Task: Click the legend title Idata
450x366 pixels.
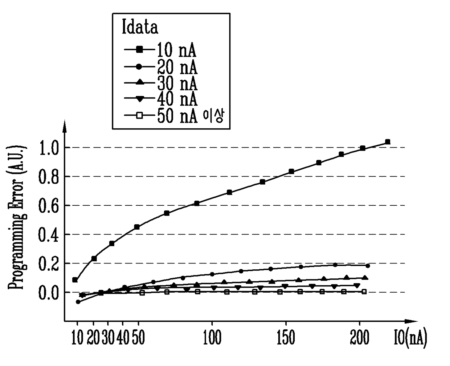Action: [x=140, y=28]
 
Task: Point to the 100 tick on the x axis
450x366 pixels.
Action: [x=212, y=338]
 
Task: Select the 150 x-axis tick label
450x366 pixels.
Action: [x=286, y=338]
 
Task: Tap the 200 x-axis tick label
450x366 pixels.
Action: [x=360, y=338]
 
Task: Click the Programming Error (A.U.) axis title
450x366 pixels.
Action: [x=16, y=218]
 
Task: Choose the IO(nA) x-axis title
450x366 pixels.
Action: [x=410, y=338]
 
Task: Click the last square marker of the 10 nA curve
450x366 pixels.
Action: [x=388, y=142]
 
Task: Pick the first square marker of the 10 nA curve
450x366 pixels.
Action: [x=75, y=280]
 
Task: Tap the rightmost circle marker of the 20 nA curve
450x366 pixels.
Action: [x=368, y=266]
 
